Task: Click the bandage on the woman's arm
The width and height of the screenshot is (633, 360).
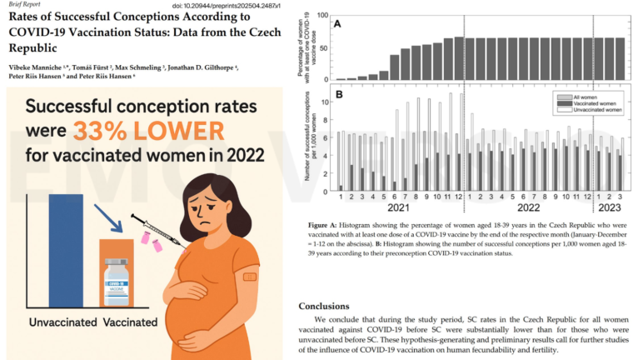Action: click(249, 275)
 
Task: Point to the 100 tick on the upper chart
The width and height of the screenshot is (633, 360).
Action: click(324, 14)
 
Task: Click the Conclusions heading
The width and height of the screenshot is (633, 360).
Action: click(325, 306)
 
